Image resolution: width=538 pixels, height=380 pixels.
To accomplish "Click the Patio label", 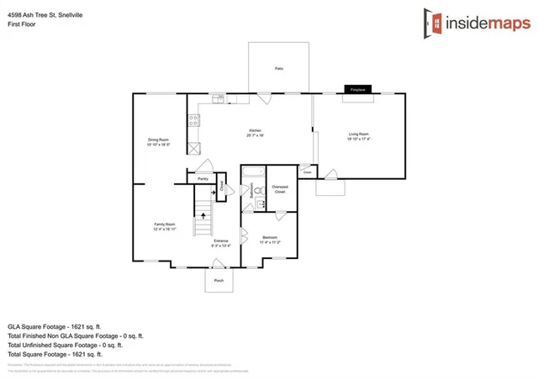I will [278, 68].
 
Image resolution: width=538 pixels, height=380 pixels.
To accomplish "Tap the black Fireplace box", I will [357, 87].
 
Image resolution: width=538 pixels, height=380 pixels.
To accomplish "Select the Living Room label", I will [360, 135].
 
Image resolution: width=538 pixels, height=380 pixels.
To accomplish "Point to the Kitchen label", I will [256, 132].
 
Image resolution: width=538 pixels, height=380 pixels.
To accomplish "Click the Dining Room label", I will [159, 141].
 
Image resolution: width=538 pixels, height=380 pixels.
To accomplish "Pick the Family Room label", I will [164, 225].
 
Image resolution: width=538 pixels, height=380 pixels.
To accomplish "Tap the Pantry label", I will [202, 179].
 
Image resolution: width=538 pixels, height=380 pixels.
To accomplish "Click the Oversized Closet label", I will [280, 189].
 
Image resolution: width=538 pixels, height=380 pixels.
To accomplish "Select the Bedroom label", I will [269, 238].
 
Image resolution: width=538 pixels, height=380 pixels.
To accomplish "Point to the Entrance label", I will [221, 243].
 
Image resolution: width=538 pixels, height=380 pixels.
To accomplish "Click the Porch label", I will [219, 281].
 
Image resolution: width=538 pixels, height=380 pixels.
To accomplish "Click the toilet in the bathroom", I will [260, 202].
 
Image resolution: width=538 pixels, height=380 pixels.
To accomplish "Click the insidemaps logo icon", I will [436, 24].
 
